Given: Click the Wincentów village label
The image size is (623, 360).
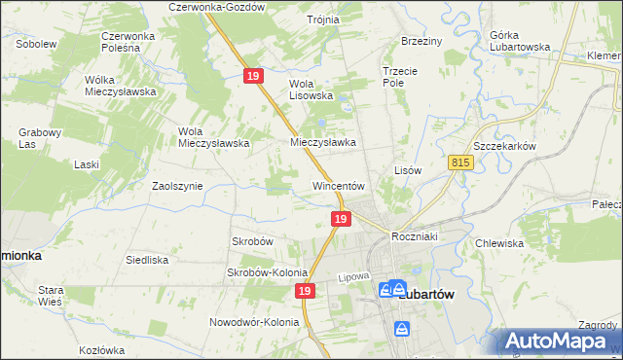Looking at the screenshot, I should click(x=338, y=185).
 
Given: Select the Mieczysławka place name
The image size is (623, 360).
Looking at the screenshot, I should click(x=323, y=142).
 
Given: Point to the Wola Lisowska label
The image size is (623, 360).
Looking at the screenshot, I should click(x=311, y=90).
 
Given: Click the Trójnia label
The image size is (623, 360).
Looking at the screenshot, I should click(x=322, y=19).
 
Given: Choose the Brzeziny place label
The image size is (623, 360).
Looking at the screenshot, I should click(x=421, y=41).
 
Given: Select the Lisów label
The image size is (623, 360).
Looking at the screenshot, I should click(x=407, y=169).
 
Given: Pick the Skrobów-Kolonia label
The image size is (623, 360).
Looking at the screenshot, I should click(x=267, y=273).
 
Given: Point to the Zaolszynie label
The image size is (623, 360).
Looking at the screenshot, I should click(x=177, y=185).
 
